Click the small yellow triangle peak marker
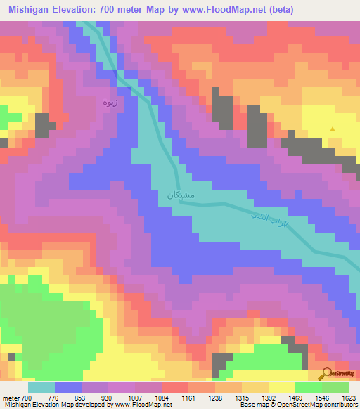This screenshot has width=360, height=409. click(x=333, y=129)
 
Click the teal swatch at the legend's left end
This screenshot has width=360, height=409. click(x=41, y=387)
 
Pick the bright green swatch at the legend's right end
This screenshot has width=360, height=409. click(x=335, y=387)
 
